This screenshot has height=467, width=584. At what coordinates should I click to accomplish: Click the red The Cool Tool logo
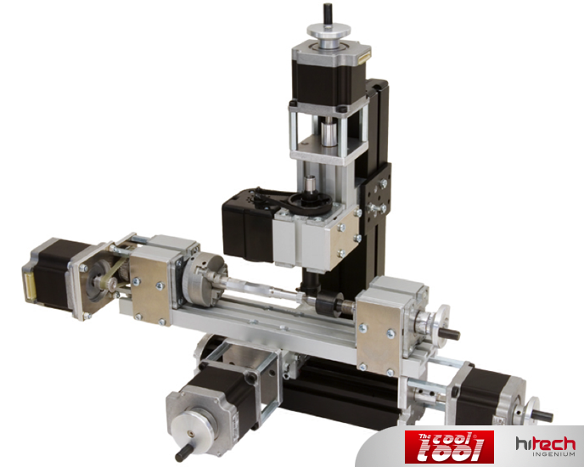[x=449, y=447]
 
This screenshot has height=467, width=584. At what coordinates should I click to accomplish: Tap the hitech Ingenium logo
[x=546, y=446]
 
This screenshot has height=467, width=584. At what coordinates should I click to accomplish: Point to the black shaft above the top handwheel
[x=328, y=13]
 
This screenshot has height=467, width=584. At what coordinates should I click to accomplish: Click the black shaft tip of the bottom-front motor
[x=182, y=454]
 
